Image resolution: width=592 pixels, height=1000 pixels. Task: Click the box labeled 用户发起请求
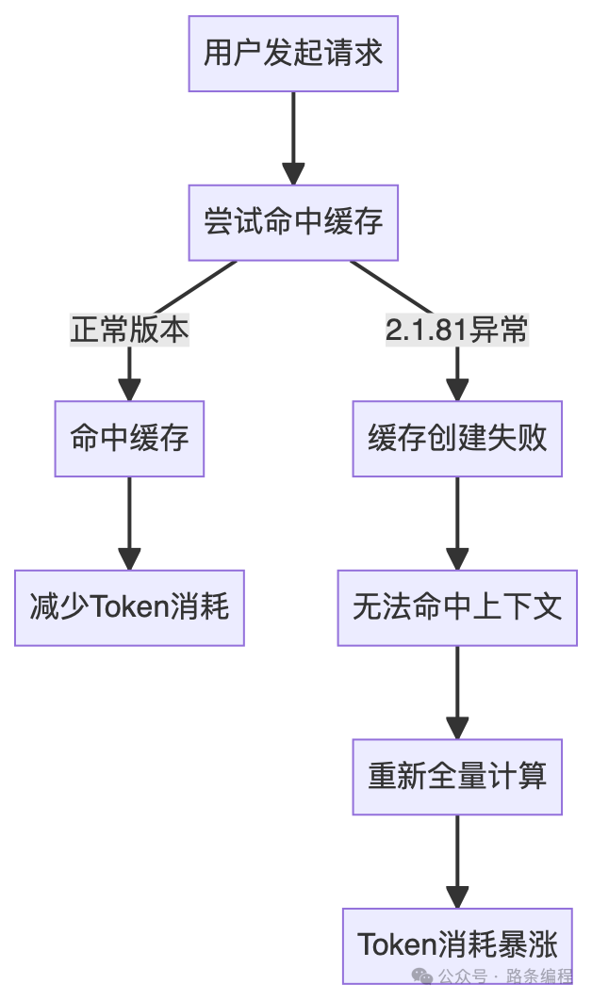tap(293, 54)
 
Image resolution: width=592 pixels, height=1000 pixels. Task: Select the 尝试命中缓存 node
tap(293, 222)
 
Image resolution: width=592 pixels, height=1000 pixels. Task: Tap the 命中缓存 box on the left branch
tap(129, 439)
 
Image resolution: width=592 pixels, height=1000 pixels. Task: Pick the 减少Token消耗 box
tap(129, 607)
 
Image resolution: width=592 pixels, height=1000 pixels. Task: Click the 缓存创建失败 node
tap(457, 439)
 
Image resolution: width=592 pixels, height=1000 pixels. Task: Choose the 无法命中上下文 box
tap(457, 607)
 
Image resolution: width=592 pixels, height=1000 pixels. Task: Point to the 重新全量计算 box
tap(457, 777)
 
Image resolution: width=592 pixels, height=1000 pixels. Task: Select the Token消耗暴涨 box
tap(457, 944)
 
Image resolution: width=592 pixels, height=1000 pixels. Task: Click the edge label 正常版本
tap(129, 331)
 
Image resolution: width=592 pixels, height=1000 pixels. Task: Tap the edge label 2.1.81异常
tap(457, 331)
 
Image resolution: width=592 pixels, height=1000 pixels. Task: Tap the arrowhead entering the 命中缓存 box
tap(129, 390)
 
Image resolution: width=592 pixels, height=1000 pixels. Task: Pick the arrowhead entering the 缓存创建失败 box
tap(457, 390)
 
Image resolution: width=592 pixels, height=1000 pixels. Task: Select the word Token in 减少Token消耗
tap(126, 607)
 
